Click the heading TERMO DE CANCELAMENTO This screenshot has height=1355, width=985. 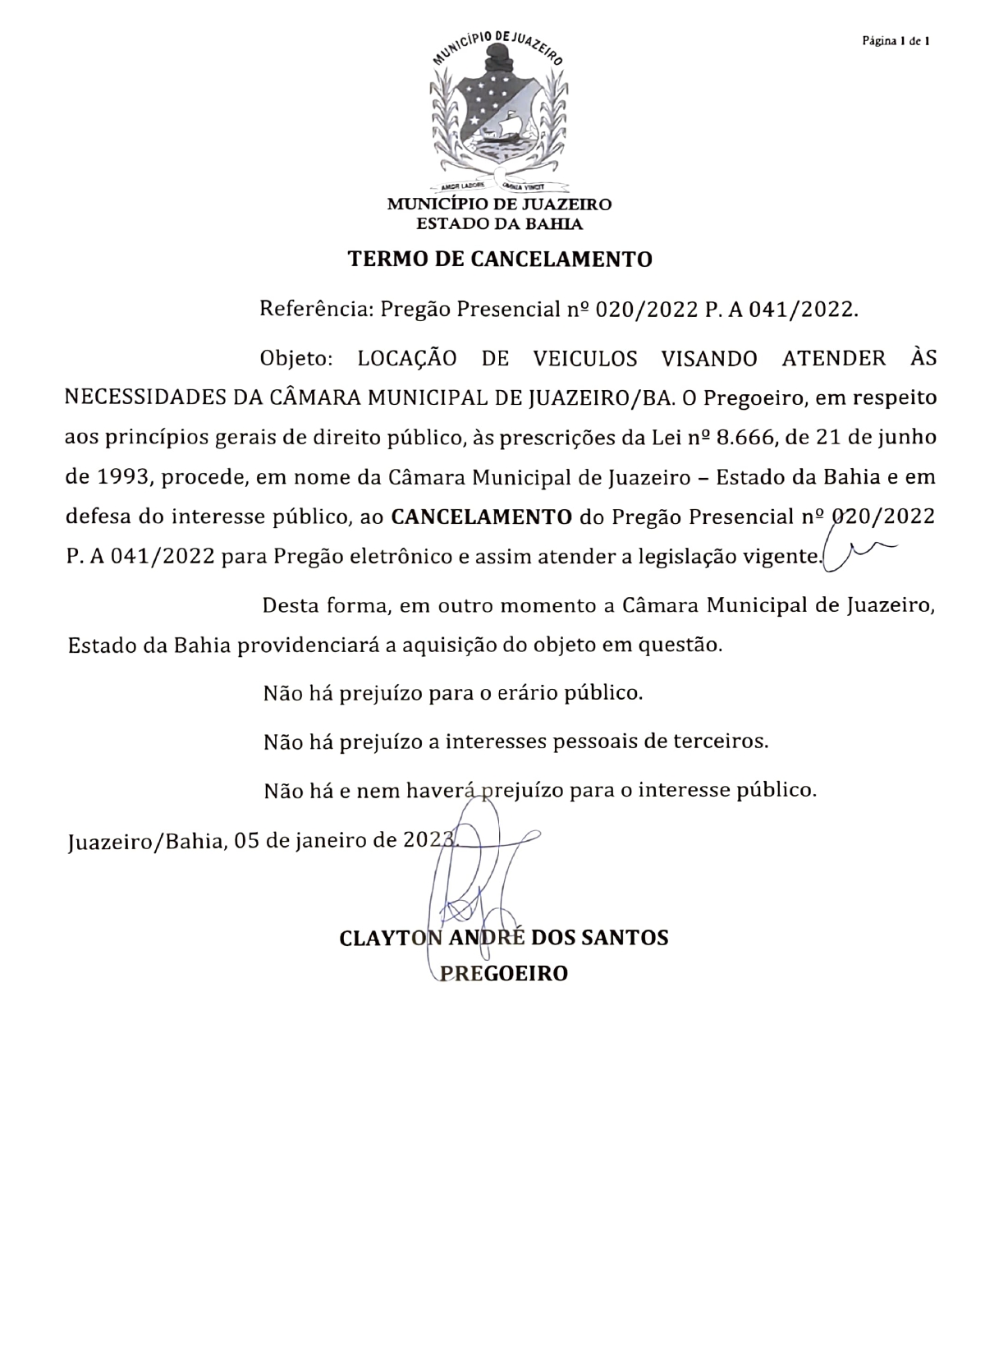(500, 260)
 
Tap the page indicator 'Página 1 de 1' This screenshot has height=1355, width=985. (895, 40)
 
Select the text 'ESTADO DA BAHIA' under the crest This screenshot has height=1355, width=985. (499, 224)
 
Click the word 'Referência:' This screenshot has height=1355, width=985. (317, 310)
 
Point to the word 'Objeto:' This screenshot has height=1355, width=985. (296, 359)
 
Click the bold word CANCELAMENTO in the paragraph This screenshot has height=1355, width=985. (482, 517)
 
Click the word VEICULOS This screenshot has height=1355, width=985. (585, 359)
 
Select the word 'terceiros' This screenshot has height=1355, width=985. (721, 742)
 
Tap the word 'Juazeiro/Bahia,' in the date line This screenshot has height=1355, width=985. (146, 842)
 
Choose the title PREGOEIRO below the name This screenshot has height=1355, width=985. (505, 974)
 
